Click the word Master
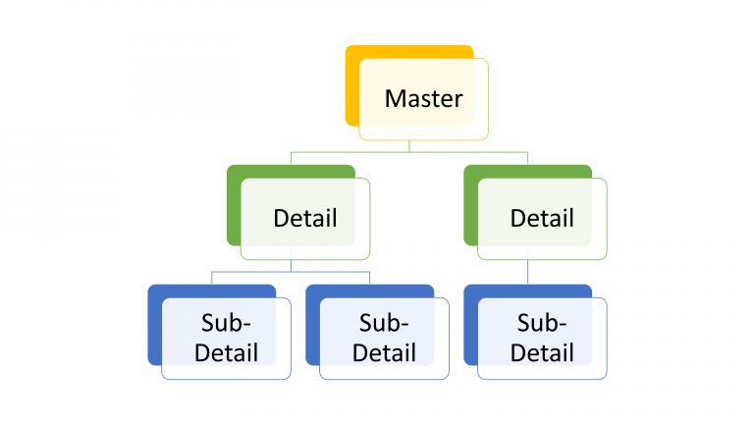[423, 99]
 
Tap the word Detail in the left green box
[304, 218]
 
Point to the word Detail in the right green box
[542, 218]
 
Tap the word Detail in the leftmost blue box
[226, 351]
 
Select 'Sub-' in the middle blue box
[384, 324]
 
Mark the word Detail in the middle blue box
[384, 351]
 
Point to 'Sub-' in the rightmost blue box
[542, 324]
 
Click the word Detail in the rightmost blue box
[542, 351]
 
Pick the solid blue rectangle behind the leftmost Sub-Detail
[154, 324]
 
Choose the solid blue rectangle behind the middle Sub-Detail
[312, 324]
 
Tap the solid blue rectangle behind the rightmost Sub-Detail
[470, 324]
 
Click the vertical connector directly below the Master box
[409, 146]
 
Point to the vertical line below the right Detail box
[528, 272]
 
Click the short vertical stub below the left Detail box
[291, 266]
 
